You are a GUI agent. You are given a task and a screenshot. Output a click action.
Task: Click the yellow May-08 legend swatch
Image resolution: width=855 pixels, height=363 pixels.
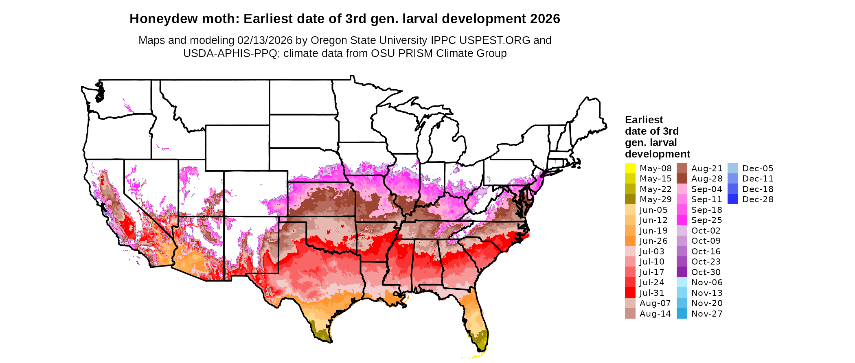630,168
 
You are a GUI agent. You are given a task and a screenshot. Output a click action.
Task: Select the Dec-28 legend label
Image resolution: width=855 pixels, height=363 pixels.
758,199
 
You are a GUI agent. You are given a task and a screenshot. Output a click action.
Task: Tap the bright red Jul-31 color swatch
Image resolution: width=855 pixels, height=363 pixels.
630,293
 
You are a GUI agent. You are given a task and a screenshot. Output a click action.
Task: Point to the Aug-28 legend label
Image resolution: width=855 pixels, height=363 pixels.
707,179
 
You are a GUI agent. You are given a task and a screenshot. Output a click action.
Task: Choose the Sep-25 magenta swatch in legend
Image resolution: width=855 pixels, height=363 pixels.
682,220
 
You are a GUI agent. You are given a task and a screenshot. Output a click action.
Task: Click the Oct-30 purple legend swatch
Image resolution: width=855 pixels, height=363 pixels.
682,272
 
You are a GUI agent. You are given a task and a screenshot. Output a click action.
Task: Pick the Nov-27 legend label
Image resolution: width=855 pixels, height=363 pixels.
707,314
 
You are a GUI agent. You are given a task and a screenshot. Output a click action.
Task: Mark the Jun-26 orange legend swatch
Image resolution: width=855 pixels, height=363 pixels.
630,241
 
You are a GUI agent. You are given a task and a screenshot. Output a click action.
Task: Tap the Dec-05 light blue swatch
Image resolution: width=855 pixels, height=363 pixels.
732,168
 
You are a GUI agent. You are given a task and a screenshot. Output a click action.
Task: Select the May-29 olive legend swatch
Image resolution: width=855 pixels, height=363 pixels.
630,199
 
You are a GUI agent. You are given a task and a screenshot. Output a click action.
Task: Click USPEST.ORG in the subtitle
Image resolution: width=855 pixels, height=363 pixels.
495,40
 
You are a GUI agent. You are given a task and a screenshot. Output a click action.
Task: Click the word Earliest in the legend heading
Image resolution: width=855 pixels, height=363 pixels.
644,120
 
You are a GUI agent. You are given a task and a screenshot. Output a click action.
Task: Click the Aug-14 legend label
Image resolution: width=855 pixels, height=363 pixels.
655,314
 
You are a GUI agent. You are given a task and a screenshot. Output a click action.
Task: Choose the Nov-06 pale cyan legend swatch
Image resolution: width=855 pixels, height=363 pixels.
682,282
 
